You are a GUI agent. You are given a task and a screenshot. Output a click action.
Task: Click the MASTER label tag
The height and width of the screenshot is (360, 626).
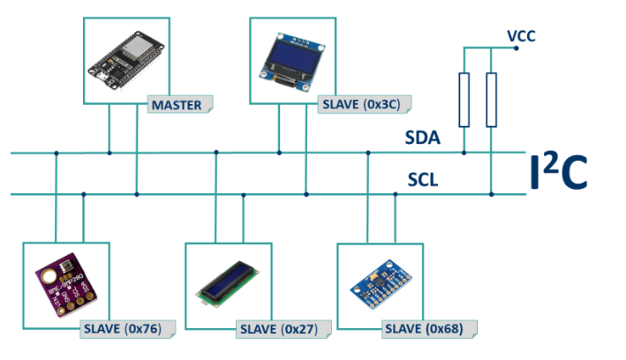click(180, 106)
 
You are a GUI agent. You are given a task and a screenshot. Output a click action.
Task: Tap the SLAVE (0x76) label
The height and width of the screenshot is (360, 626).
click(127, 328)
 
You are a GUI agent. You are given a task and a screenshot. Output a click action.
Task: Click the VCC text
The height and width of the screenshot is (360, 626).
click(521, 36)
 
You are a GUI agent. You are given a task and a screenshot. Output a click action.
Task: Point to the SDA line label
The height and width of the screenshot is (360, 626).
click(423, 139)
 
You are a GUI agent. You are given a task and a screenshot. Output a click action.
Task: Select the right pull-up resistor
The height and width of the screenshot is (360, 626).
click(492, 100)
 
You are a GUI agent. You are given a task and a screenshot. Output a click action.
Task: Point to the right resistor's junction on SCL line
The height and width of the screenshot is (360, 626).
click(492, 193)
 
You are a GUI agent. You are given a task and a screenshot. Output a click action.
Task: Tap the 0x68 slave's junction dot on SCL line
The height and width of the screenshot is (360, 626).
click(395, 193)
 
